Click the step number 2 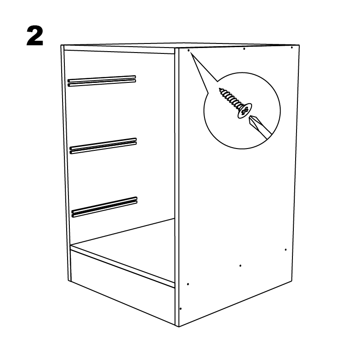click(35, 36)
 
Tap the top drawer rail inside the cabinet click(102, 81)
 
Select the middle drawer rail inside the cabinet click(103, 146)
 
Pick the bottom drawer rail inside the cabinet click(104, 207)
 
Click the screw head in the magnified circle click(244, 111)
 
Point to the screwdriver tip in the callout click(251, 120)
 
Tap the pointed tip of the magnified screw click(219, 89)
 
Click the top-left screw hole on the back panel click(189, 50)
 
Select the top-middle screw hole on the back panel click(244, 48)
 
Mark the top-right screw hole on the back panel click(292, 48)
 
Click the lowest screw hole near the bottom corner click(180, 309)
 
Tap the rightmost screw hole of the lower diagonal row click(286, 250)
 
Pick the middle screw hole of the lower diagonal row click(240, 266)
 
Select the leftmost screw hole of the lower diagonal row click(188, 284)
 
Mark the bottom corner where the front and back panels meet click(179, 326)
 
